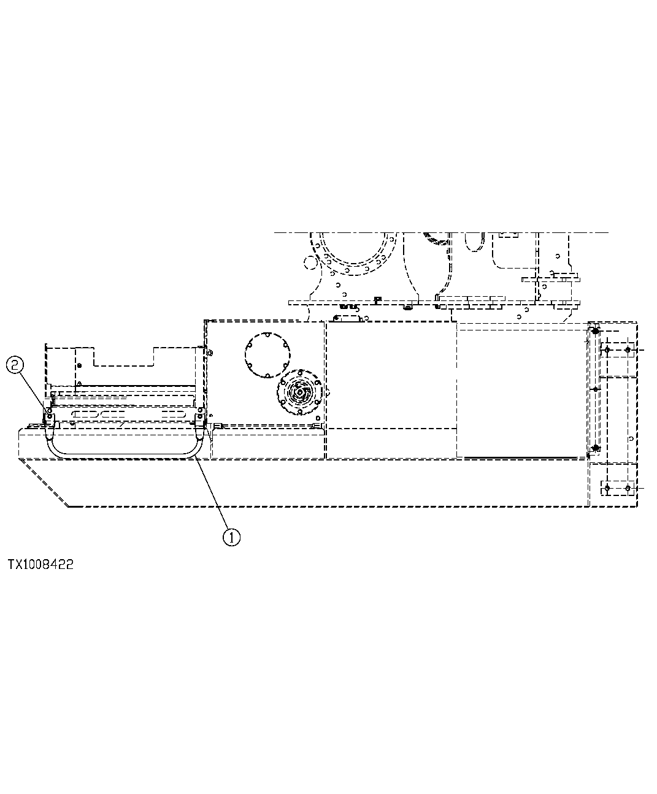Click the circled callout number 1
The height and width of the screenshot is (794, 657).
click(231, 537)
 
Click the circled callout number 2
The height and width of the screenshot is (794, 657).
click(15, 366)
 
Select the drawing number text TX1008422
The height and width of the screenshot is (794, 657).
click(40, 565)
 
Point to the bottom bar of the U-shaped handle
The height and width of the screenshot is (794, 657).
click(123, 456)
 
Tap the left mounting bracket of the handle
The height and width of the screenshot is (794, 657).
click(47, 419)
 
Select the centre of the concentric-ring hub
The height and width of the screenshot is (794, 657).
click(301, 392)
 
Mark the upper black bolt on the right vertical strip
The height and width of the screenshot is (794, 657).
click(594, 332)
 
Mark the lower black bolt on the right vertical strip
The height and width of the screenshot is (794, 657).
click(594, 448)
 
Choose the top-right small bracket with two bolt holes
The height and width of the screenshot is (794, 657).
click(617, 350)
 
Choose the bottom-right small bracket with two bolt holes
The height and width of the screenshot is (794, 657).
click(617, 488)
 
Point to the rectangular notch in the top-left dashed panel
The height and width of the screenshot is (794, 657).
click(123, 356)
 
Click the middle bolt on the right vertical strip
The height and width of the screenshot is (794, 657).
click(594, 389)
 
